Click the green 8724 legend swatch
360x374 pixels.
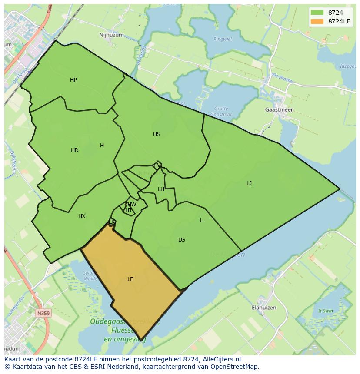317,13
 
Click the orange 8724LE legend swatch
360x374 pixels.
317,21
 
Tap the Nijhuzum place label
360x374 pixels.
111,35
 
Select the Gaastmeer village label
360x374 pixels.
279,110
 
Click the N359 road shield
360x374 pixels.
43,313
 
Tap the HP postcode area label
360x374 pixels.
73,80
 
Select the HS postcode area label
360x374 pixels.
157,134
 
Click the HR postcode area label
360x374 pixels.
74,150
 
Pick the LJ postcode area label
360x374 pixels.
249,183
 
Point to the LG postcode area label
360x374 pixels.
182,240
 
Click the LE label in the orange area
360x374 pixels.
130,279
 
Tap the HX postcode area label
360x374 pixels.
82,216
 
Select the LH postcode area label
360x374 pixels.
161,189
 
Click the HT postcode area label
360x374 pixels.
129,210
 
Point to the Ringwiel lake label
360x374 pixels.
223,39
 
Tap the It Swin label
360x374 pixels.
325,311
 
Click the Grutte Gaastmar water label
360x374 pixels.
221,111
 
